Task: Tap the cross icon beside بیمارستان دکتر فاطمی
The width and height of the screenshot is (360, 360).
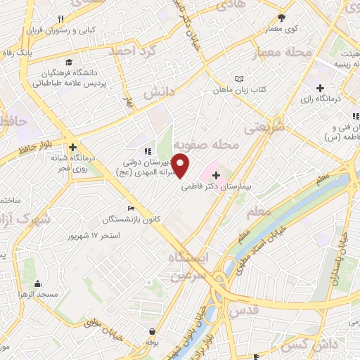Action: click(215, 174)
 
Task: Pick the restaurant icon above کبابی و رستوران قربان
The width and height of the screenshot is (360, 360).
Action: click(61, 19)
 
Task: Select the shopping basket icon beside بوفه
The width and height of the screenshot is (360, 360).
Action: click(153, 330)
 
